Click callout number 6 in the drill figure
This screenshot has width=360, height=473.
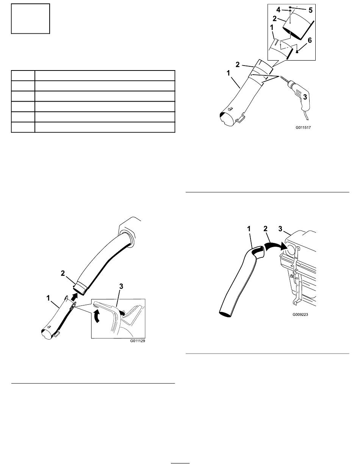pyautogui.click(x=310, y=41)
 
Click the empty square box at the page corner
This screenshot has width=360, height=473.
pyautogui.click(x=30, y=19)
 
